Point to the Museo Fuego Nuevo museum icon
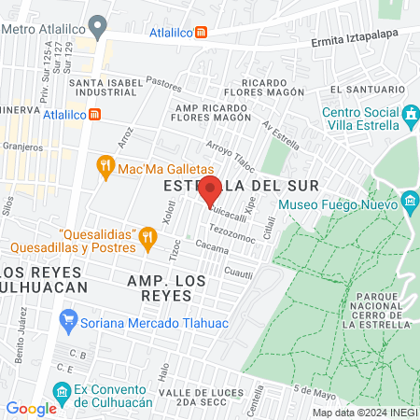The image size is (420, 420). [410, 201]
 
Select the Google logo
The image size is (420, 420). [31, 408]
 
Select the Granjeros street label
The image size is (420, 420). [22, 147]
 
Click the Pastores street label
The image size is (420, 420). [164, 83]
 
